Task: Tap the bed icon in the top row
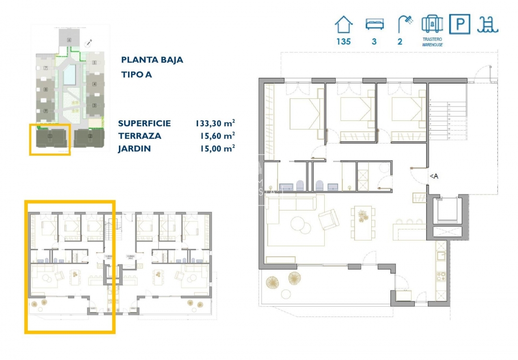click(374, 24)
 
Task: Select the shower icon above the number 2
click(404, 24)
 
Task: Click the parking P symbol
click(459, 24)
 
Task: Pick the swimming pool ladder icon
click(487, 24)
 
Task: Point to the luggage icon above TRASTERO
click(432, 24)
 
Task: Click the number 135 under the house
click(343, 41)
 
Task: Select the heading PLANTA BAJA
click(152, 60)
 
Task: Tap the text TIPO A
click(136, 74)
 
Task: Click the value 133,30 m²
click(215, 123)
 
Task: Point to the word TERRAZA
click(140, 136)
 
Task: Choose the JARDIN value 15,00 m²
click(217, 148)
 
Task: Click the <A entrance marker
click(434, 176)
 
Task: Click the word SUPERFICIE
click(144, 123)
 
